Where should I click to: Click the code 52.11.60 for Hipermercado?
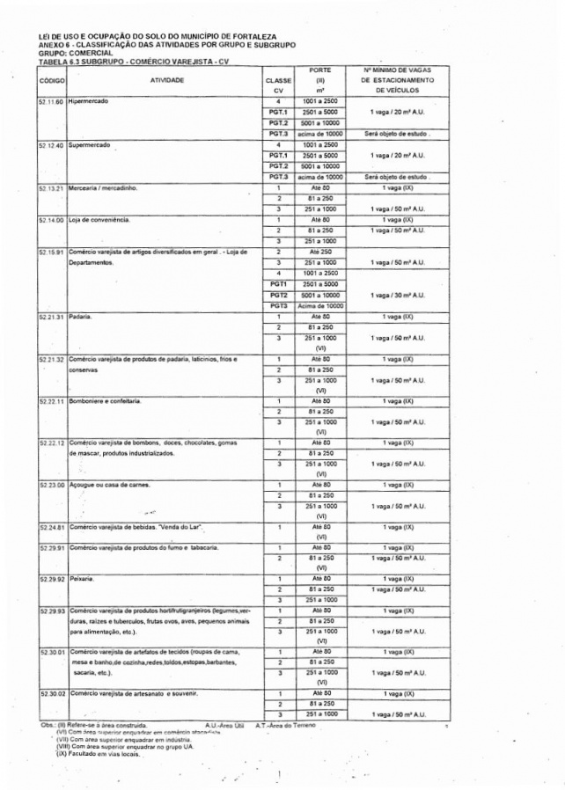point(52,102)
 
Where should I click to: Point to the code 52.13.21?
point(52,187)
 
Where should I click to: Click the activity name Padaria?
point(81,317)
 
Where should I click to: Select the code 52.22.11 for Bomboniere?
point(52,400)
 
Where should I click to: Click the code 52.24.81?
point(52,527)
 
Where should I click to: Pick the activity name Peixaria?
point(82,579)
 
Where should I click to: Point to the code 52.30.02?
point(52,693)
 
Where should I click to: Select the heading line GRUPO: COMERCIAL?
point(77,52)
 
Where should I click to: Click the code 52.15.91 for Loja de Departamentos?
point(52,251)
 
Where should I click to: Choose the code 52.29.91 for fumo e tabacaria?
point(52,547)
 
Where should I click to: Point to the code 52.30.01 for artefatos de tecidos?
point(52,652)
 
